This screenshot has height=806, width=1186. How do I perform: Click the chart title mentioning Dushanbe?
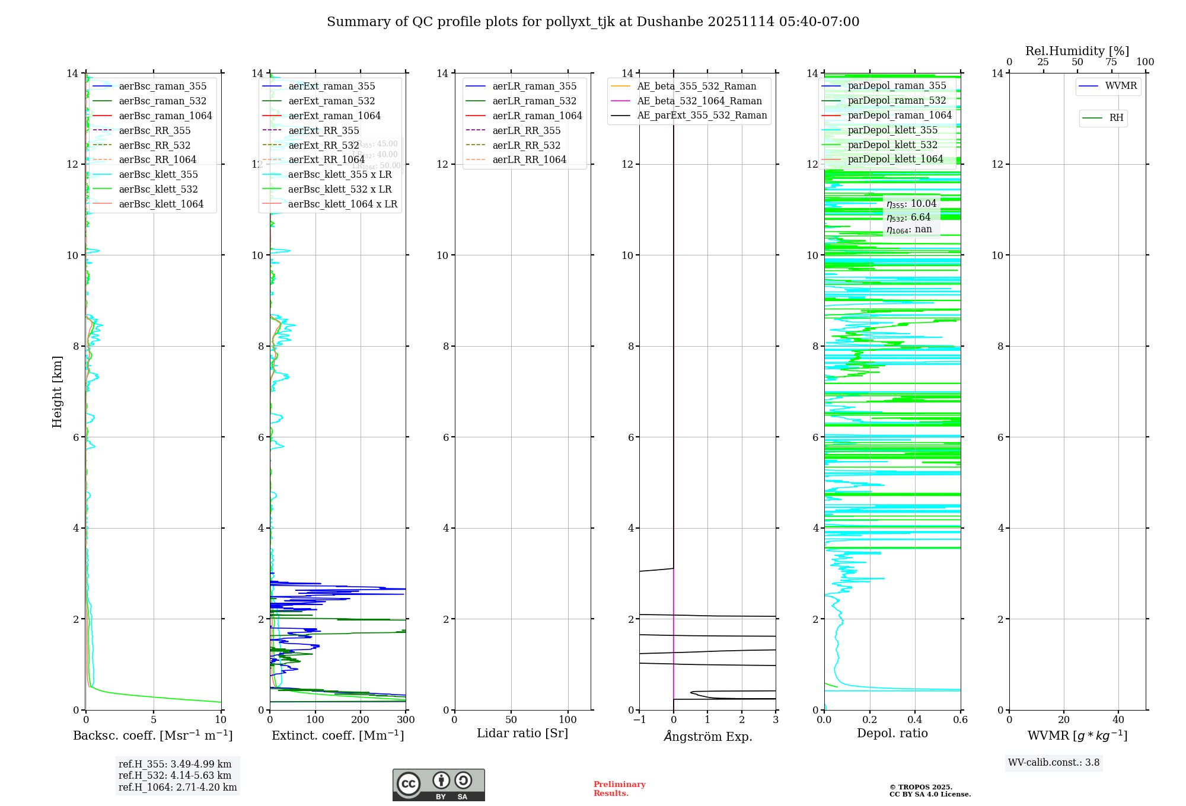click(x=593, y=22)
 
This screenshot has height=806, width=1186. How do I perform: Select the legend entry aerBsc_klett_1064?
click(x=161, y=204)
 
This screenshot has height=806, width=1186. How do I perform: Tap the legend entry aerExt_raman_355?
click(x=331, y=87)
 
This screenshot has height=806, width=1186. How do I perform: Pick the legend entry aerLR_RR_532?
click(x=526, y=145)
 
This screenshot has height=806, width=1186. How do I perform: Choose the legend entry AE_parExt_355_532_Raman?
click(x=702, y=116)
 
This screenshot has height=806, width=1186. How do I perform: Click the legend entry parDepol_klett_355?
click(x=892, y=130)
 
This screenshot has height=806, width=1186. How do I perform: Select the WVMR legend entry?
click(x=1120, y=87)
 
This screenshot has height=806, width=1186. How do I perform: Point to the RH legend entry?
click(x=1116, y=118)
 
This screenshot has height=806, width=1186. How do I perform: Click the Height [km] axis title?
click(x=57, y=391)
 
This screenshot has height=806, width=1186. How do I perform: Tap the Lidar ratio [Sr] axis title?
click(x=522, y=734)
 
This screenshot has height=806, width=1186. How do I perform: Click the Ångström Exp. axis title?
click(x=707, y=737)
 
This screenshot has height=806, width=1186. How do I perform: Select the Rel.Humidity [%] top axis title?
click(x=1077, y=51)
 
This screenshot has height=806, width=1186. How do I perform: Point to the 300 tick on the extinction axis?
click(x=406, y=720)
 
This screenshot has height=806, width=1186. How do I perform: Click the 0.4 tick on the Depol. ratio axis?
click(x=915, y=720)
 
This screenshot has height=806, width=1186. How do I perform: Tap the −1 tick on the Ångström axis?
click(x=639, y=720)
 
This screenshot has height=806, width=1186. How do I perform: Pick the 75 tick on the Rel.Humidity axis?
click(x=1111, y=62)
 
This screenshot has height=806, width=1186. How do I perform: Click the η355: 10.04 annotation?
click(x=911, y=204)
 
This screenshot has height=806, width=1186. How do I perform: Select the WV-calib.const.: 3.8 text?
click(x=1054, y=763)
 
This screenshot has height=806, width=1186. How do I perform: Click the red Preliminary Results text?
click(x=619, y=789)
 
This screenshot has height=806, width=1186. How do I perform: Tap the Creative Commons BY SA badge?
click(x=438, y=785)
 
